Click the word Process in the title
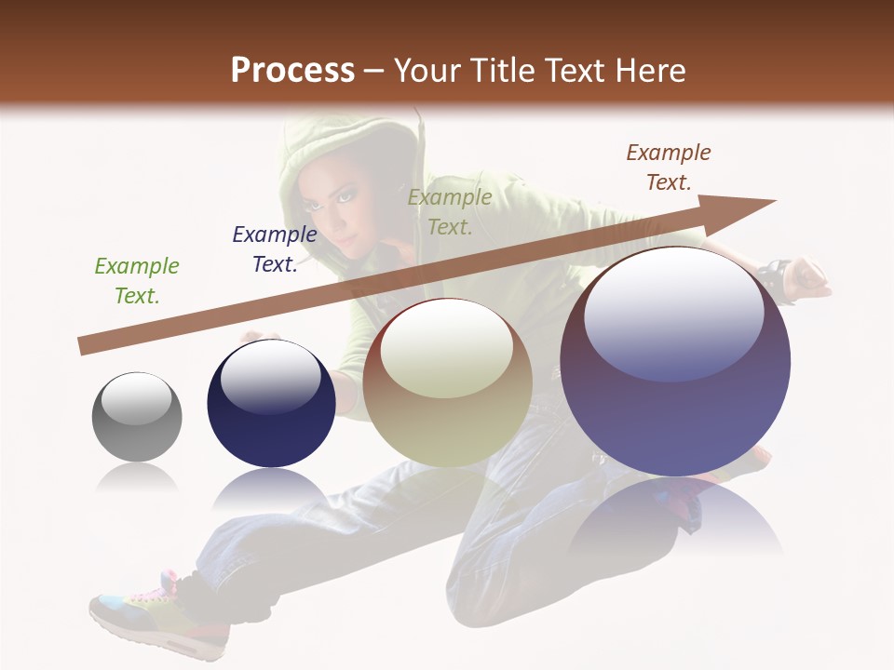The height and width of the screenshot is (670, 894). pyautogui.click(x=292, y=71)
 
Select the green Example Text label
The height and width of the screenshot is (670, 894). pyautogui.click(x=137, y=281)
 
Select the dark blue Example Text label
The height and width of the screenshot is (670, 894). pyautogui.click(x=275, y=249)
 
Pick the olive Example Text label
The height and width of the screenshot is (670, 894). pyautogui.click(x=450, y=212)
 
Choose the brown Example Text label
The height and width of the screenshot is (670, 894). pyautogui.click(x=669, y=167)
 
